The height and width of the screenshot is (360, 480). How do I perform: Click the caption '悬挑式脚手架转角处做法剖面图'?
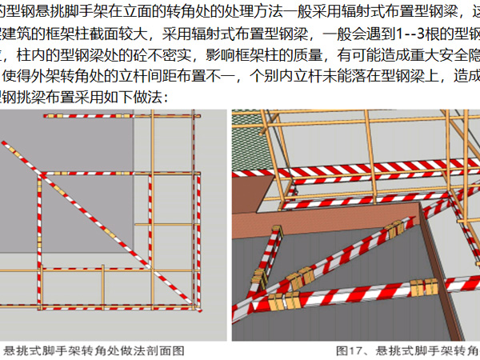tap(94, 350)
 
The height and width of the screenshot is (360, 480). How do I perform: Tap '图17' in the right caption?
tap(349, 350)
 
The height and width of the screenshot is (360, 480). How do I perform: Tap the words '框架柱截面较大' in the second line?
tap(80, 36)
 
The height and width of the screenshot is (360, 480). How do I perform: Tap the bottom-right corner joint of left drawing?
tap(197, 306)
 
